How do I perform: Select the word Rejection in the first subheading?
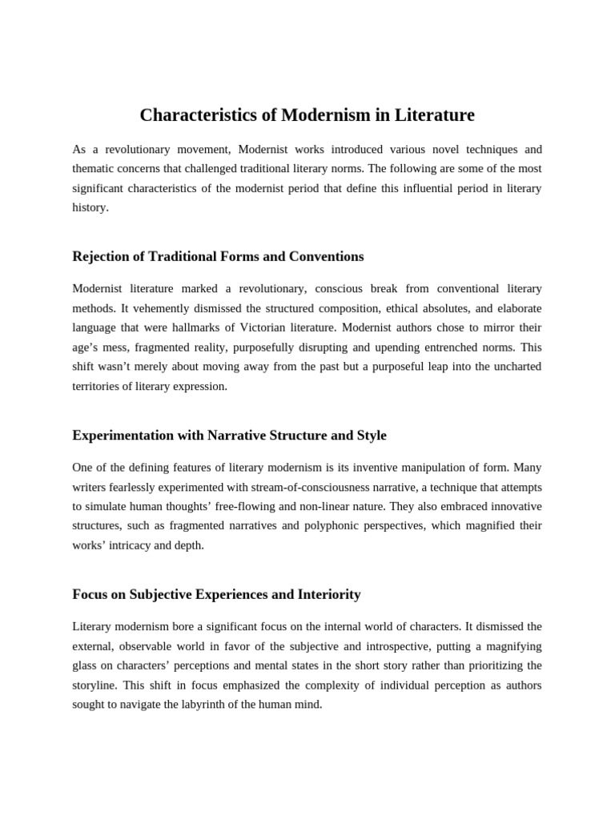[x=101, y=256]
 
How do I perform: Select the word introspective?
[x=402, y=645]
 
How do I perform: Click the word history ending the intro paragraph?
[x=90, y=207]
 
